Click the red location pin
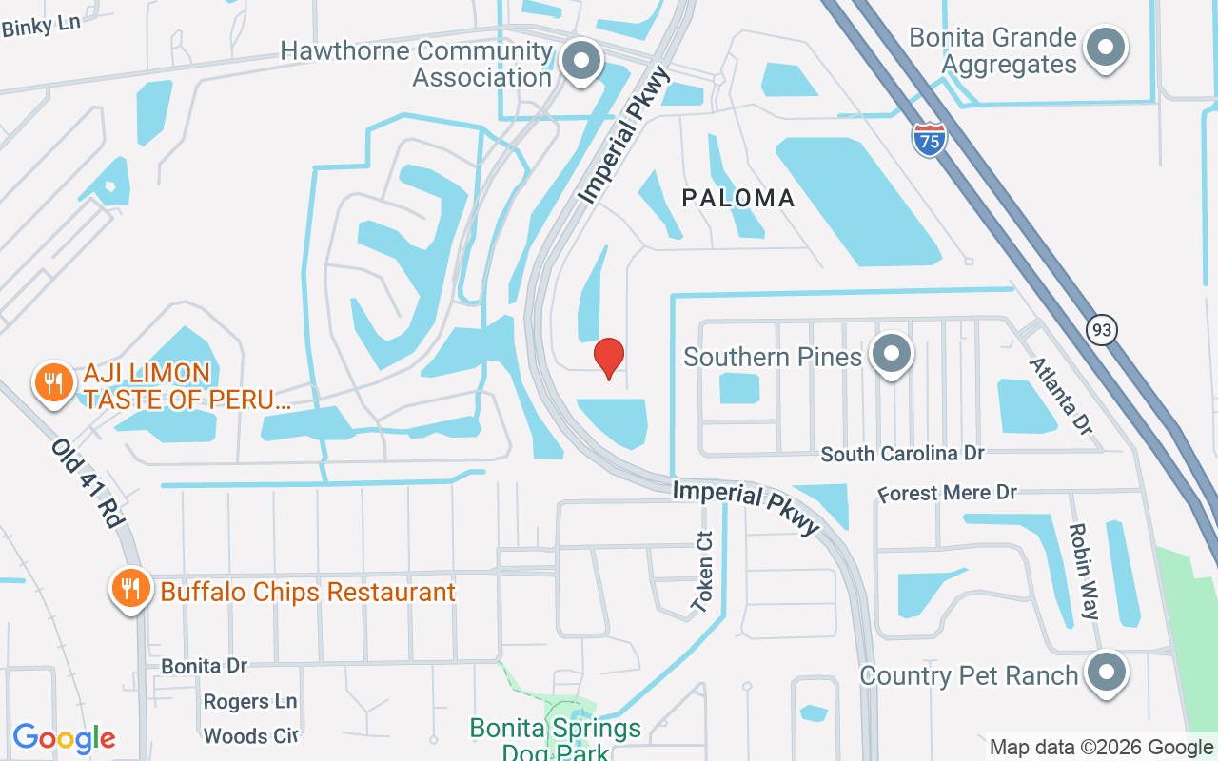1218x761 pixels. click(609, 358)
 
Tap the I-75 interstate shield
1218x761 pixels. click(929, 140)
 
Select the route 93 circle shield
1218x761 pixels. click(1101, 330)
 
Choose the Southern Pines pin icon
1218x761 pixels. click(892, 354)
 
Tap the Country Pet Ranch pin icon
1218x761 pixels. click(1106, 673)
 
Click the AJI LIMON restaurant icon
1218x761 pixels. click(53, 382)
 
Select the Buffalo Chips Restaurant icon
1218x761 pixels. click(130, 589)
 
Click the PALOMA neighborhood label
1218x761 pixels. click(738, 198)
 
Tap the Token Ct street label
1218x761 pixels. click(703, 571)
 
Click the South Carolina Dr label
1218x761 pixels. click(902, 454)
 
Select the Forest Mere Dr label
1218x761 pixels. click(947, 493)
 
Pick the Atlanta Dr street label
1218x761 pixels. click(1059, 394)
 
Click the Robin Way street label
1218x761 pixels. click(1084, 571)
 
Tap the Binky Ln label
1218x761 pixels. click(41, 26)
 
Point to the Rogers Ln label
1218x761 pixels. click(250, 701)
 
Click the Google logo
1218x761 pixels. click(64, 738)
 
